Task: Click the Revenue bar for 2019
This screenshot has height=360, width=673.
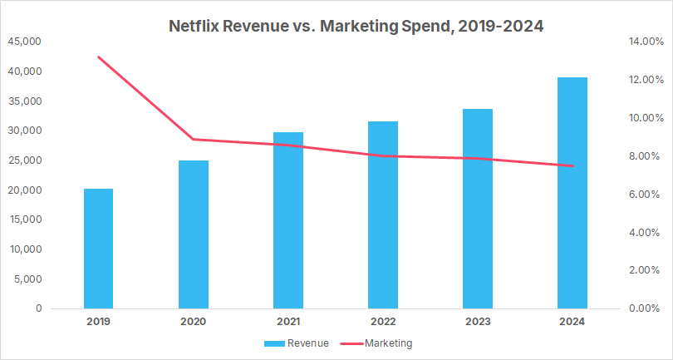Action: coord(98,249)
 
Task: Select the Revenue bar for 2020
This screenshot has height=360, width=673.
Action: coord(193,234)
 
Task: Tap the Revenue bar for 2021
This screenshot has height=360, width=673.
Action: coord(287,220)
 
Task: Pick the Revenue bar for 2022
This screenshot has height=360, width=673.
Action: coord(382,215)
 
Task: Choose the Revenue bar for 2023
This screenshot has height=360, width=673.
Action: coord(477,209)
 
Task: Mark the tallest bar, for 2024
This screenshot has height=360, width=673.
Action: coord(572,193)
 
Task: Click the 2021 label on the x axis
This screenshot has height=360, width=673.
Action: coord(287,321)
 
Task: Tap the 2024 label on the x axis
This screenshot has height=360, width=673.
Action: coord(572,321)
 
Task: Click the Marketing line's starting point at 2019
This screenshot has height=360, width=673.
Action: coord(98,57)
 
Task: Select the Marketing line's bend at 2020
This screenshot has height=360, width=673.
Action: coord(193,139)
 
